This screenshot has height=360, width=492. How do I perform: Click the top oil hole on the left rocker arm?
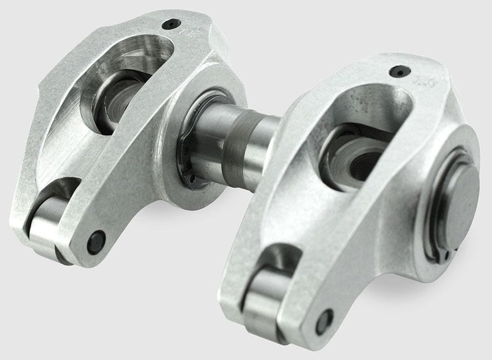pos(171,24)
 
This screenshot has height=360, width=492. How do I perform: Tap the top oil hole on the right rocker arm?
pos(399,71)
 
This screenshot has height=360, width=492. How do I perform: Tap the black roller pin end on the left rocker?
pos(96,242)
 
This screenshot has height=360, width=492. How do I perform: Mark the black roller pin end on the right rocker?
pos(324,321)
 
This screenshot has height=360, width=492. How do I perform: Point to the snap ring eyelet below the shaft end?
pos(446,254)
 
